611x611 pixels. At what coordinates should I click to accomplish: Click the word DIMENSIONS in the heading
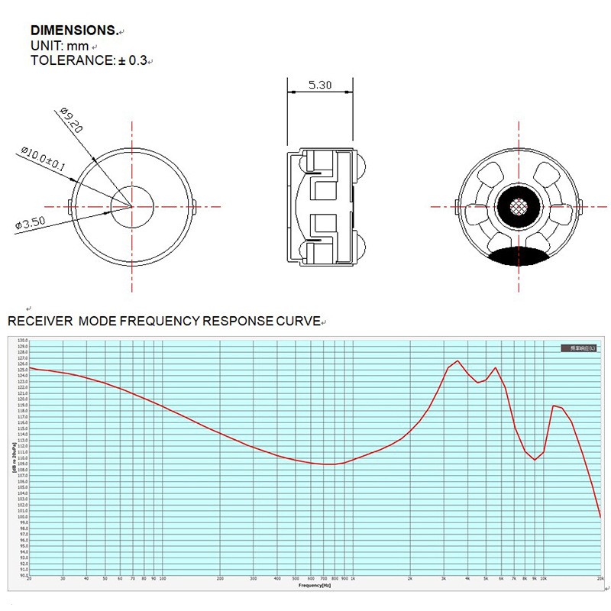[x=73, y=31]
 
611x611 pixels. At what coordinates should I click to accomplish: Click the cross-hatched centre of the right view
[x=518, y=206]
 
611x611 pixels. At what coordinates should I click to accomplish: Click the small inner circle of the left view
[x=132, y=206]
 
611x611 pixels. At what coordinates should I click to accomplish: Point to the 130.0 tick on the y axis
[x=22, y=340]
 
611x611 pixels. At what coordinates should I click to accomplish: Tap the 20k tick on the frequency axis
[x=600, y=579]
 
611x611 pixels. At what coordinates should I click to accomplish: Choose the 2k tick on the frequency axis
[x=410, y=579]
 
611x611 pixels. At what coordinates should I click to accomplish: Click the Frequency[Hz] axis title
[x=315, y=586]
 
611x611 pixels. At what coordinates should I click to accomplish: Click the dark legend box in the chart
[x=580, y=348]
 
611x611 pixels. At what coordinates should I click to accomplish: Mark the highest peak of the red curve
[x=457, y=361]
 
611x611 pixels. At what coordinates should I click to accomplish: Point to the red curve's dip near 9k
[x=535, y=460]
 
